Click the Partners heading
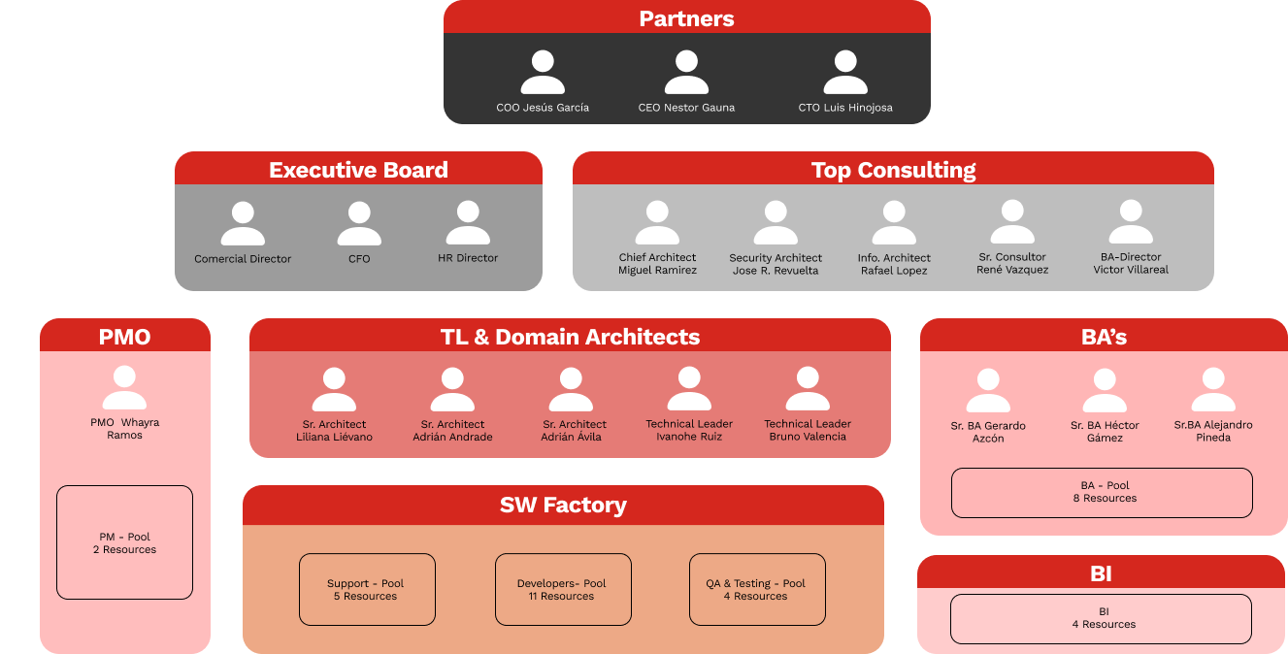686,19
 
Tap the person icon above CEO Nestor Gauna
686,72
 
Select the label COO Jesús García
543,108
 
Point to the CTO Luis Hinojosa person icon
845,72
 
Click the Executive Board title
358,170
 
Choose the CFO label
359,259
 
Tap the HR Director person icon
468,222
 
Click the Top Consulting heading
893,170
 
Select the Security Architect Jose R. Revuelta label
776,264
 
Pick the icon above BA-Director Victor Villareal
1131,221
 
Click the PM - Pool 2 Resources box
124,542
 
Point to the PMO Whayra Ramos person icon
124,387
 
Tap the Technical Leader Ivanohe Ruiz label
689,430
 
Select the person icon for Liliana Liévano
334,389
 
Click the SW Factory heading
563,506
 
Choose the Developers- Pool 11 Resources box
563,589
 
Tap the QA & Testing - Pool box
757,589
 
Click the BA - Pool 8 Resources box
1102,493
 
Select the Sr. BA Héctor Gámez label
1105,431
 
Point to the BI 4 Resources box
1101,619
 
